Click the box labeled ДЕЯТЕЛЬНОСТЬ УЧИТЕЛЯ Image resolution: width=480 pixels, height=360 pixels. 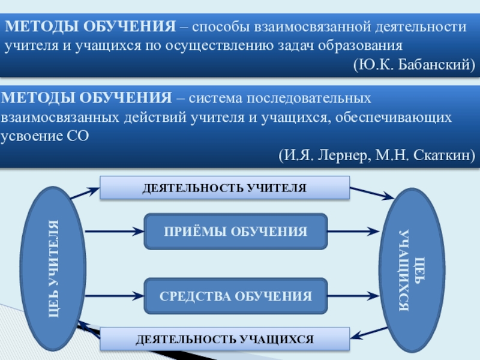coord(224,188)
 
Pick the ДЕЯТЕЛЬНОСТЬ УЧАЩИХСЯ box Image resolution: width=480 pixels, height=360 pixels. coord(224,339)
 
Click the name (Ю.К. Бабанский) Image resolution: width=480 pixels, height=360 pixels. coord(413,64)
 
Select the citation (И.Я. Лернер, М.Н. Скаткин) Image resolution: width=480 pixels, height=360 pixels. coord(377,156)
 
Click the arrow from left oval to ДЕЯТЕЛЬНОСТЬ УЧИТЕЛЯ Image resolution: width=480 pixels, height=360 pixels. coord(85,193)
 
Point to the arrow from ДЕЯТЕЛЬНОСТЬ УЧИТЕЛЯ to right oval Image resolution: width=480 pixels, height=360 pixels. coord(372,194)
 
